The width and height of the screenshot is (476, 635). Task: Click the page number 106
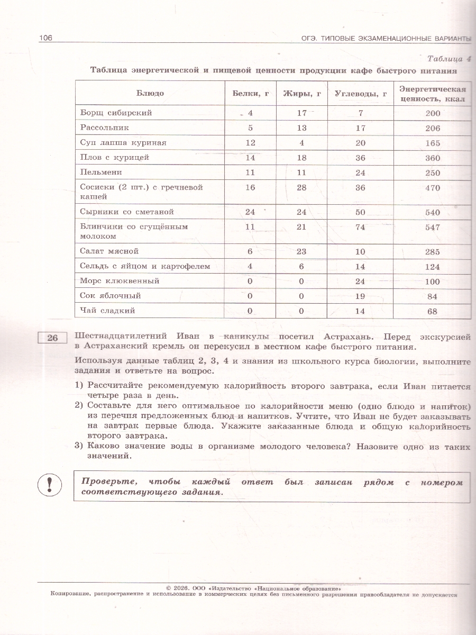pos(45,38)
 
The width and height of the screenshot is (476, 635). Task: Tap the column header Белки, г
pos(251,94)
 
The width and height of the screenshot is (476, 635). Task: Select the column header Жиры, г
pos(302,94)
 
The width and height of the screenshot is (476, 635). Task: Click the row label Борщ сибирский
pos(116,113)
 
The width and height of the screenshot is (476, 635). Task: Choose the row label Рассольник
pos(105,128)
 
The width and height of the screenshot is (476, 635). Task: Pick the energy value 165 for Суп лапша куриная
pos(433,143)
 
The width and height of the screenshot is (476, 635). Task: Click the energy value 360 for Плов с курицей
pos(433,158)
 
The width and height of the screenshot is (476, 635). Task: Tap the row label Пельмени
pos(101,172)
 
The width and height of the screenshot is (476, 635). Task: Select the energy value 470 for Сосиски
pos(433,187)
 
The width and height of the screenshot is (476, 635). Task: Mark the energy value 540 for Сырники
pos(433,212)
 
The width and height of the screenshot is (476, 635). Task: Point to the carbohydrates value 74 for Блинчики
pos(361,227)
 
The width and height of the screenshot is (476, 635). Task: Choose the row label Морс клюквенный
pos(120,281)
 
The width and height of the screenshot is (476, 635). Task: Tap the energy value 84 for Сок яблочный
pos(433,296)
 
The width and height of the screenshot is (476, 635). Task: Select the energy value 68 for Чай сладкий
pos(433,311)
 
